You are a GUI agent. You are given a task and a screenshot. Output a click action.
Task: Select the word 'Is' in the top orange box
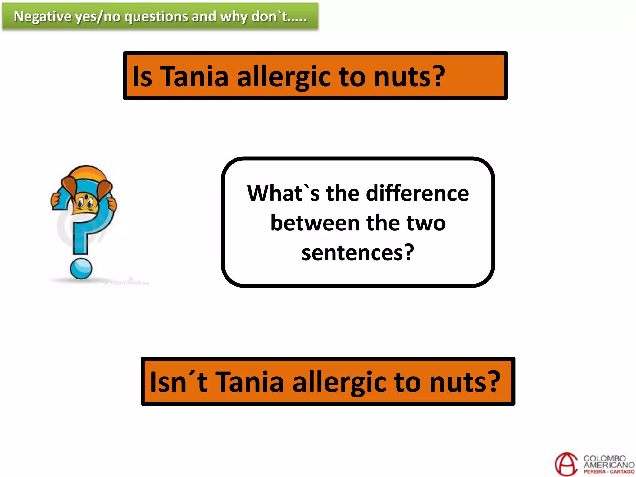[142, 76]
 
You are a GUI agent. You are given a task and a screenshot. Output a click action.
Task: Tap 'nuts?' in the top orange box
[409, 76]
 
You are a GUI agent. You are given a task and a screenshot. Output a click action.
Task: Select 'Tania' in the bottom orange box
[249, 382]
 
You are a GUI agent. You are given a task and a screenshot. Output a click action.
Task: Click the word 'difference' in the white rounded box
[417, 193]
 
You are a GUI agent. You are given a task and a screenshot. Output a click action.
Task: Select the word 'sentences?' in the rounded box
[358, 253]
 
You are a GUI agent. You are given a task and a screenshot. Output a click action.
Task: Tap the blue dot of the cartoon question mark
[81, 269]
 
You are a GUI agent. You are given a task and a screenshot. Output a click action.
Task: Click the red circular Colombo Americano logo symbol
[566, 464]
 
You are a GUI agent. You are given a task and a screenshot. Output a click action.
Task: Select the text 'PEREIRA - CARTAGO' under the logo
[609, 472]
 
